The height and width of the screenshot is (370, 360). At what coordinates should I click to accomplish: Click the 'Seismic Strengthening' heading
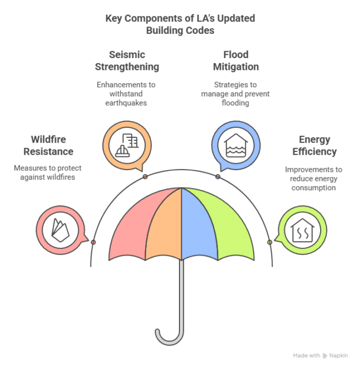click(x=127, y=61)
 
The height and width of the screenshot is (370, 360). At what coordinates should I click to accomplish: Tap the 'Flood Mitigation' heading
click(x=236, y=61)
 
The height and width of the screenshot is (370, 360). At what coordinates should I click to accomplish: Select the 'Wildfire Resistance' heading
click(x=48, y=145)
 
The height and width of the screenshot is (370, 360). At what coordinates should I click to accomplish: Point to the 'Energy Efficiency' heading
click(x=314, y=146)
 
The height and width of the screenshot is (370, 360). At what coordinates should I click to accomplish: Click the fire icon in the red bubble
click(x=60, y=230)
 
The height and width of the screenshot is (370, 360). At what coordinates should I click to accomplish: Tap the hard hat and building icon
click(x=127, y=145)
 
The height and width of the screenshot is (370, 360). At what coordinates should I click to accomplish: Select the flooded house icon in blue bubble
click(x=236, y=146)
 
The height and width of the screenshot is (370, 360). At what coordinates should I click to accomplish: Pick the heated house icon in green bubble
click(x=303, y=230)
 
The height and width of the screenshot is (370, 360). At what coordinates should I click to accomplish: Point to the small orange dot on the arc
click(x=145, y=176)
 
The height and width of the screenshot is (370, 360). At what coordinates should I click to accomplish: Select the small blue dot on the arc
click(x=218, y=176)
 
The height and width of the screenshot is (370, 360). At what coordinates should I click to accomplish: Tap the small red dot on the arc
click(x=93, y=242)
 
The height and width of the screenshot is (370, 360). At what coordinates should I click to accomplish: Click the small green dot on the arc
click(x=269, y=242)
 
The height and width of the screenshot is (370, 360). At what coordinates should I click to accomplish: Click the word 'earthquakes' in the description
click(x=126, y=103)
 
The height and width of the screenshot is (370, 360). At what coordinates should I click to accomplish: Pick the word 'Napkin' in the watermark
click(x=339, y=355)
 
